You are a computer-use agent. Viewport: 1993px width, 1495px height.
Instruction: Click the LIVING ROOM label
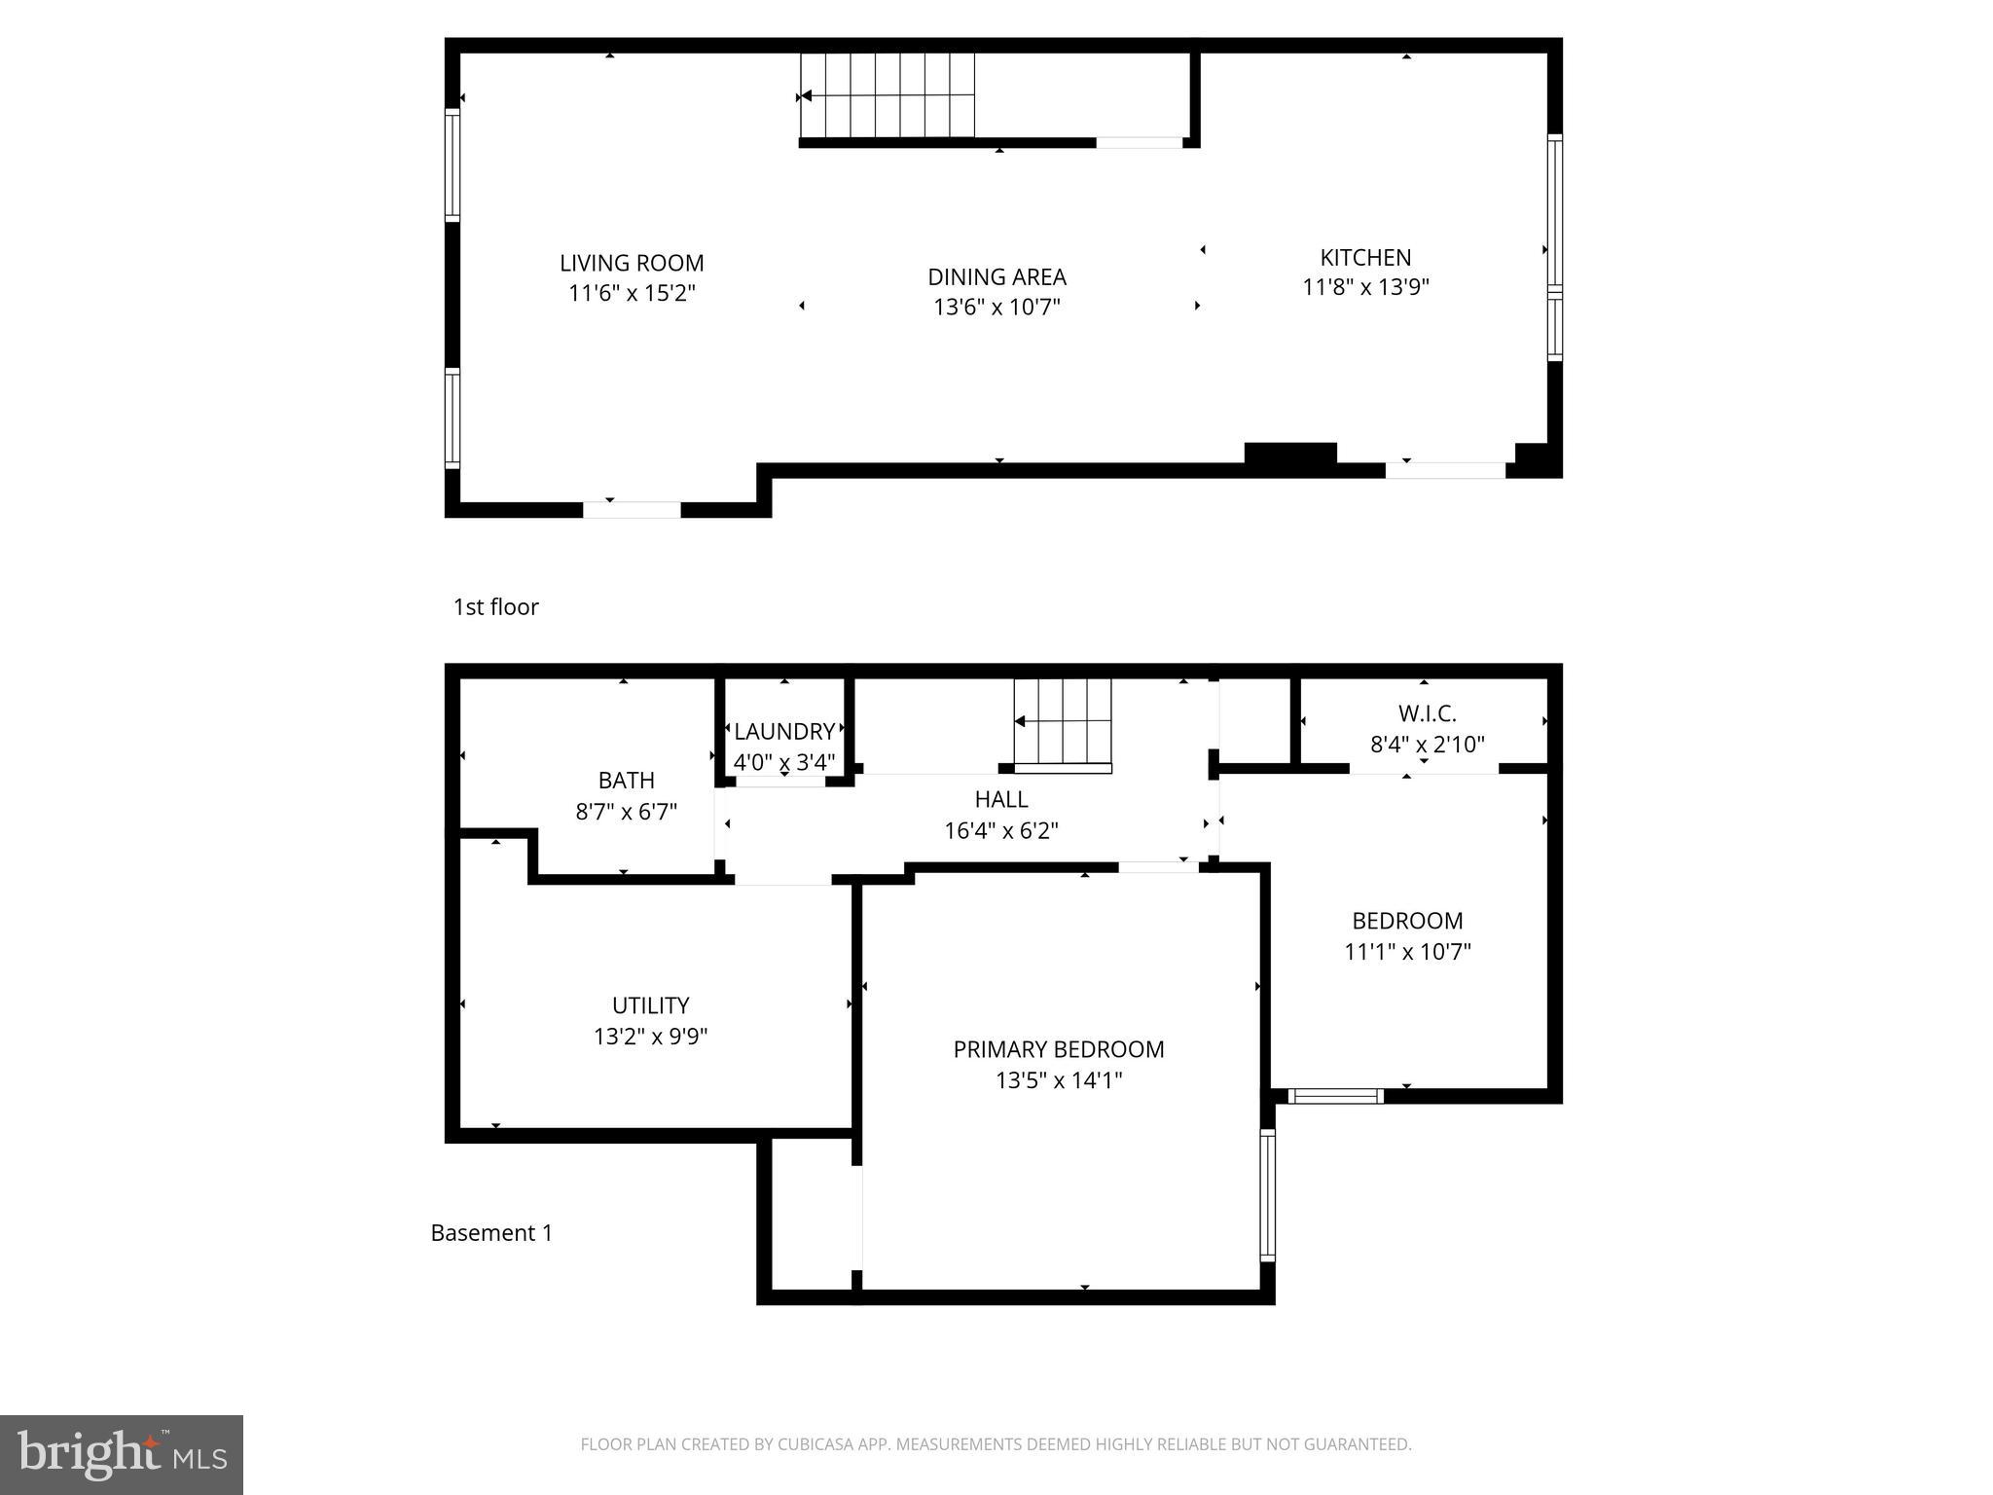point(632,263)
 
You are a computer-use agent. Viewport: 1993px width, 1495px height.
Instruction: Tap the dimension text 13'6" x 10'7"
point(996,308)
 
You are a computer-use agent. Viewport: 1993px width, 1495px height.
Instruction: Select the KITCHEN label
point(1365,258)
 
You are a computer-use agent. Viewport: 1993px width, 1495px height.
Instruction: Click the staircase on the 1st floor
point(887,95)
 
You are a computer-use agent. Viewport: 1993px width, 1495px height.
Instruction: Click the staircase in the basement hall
point(1063,721)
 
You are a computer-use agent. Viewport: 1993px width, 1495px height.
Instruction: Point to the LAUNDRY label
point(784,732)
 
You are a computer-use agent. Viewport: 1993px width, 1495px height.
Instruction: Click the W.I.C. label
point(1428,713)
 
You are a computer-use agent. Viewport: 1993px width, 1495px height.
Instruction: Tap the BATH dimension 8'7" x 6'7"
point(626,812)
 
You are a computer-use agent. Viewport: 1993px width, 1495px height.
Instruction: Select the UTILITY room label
point(650,1005)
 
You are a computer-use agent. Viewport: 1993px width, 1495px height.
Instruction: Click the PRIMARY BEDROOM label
point(1058,1049)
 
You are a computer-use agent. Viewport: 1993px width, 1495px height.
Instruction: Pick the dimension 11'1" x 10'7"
point(1407,952)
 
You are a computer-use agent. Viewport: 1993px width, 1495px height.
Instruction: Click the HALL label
point(1001,799)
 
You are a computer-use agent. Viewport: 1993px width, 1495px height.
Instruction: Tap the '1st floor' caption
point(495,607)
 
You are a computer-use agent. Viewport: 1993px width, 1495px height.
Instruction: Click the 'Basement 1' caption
point(491,1233)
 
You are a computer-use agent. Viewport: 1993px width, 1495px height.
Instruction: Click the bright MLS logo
point(121,1454)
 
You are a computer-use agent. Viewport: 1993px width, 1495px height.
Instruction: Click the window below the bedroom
point(1335,1096)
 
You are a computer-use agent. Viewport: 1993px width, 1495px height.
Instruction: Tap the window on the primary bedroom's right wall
point(1267,1195)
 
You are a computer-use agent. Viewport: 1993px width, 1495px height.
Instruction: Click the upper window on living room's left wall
point(452,165)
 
